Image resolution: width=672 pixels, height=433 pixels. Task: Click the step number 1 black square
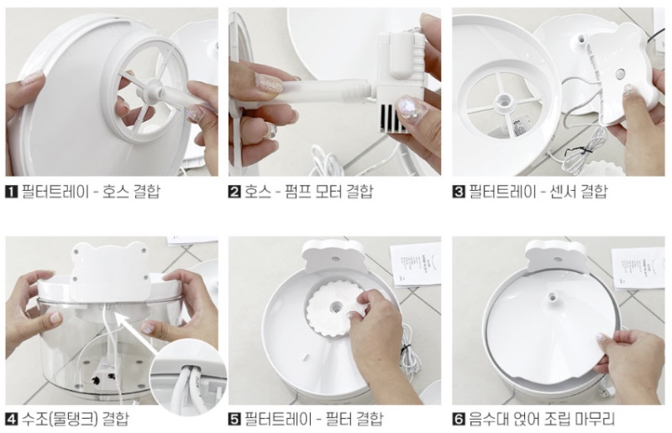coord(11,192)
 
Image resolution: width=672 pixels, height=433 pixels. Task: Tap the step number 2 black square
coord(234,192)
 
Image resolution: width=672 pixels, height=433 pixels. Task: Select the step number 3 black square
coord(459,192)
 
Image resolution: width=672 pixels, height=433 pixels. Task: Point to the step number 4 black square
coord(11,419)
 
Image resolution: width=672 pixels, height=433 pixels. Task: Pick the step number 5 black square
coord(234,419)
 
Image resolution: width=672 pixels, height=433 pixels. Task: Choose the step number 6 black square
coord(459,419)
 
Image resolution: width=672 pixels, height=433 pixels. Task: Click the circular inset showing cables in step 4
coord(187,377)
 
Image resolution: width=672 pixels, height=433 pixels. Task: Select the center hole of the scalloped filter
coord(336,307)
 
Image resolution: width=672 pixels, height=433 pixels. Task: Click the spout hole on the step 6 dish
coord(554,296)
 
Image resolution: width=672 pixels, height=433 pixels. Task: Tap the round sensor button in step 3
coord(619,75)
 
